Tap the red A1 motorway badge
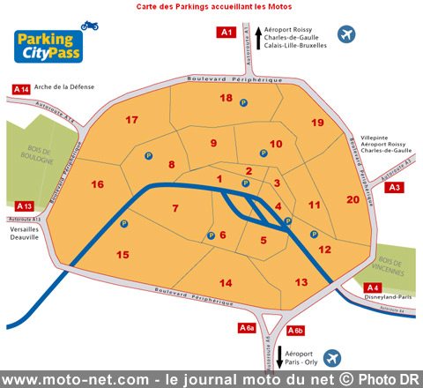coord(226,33)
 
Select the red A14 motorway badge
coord(22,89)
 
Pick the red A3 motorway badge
coord(395,187)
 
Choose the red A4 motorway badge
coord(373,287)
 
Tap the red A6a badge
coord(248,328)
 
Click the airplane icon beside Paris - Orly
coord(331,358)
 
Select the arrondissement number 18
coord(226,98)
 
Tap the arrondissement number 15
coord(122,255)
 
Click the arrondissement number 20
coord(352,200)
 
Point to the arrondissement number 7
coord(175,209)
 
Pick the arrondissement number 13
coord(301,281)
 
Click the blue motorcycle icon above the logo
coord(89,26)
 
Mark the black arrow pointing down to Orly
coord(279,357)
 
